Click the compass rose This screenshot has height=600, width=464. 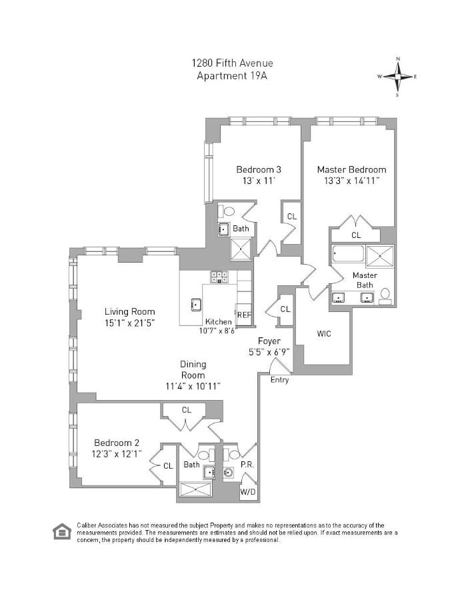[397, 77]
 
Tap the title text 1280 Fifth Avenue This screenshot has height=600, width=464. [232, 63]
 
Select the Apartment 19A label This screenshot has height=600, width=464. [232, 75]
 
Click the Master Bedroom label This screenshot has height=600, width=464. [351, 169]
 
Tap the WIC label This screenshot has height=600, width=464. [324, 333]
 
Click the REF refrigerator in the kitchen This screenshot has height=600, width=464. [243, 315]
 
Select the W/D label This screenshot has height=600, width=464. [248, 492]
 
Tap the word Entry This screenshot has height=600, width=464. [280, 379]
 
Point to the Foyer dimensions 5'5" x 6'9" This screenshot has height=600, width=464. [269, 352]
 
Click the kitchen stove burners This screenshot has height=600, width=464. [219, 277]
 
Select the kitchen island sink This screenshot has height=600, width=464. [197, 305]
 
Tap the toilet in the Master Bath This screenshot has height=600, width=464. [385, 295]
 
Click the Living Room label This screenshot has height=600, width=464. [129, 311]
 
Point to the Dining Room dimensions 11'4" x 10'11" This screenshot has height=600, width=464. [193, 385]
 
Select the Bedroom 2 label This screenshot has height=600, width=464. [117, 443]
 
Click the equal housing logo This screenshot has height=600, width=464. [62, 531]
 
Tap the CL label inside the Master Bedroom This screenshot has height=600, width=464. [356, 235]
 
